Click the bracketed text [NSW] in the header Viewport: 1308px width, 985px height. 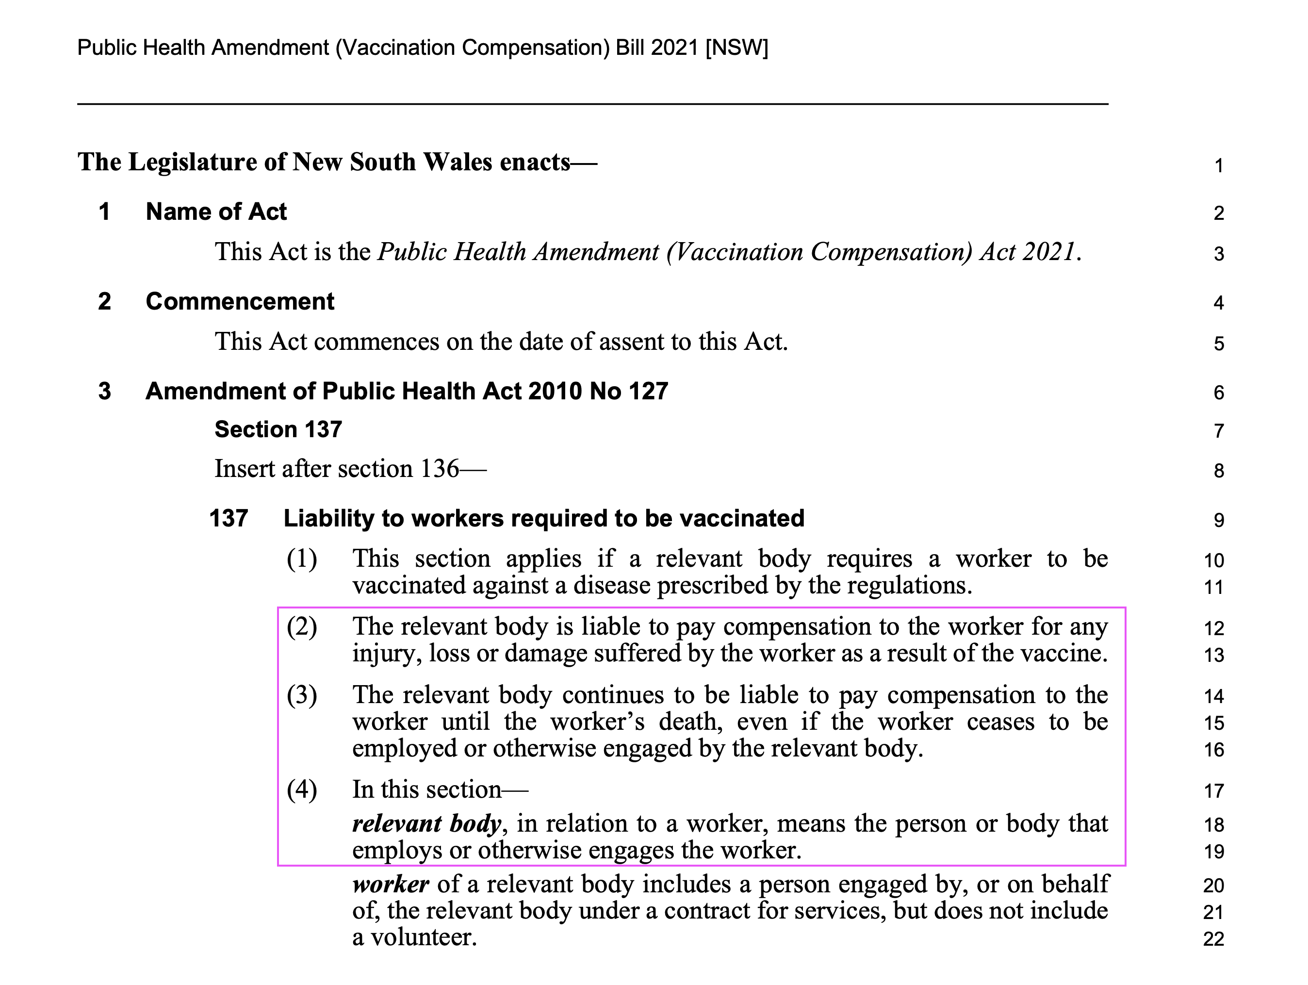737,47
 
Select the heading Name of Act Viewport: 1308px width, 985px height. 216,212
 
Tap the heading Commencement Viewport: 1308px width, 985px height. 240,301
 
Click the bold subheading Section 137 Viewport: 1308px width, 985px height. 278,429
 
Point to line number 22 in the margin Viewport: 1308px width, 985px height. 1213,939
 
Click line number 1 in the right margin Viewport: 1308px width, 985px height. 1219,165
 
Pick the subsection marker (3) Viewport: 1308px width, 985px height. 302,695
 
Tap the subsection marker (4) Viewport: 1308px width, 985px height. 302,790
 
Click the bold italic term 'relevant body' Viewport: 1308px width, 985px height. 426,823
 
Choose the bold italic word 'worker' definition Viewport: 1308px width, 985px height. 390,885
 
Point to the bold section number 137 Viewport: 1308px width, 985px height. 228,519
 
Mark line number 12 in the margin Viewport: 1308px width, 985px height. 1213,628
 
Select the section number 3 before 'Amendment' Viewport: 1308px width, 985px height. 105,392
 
